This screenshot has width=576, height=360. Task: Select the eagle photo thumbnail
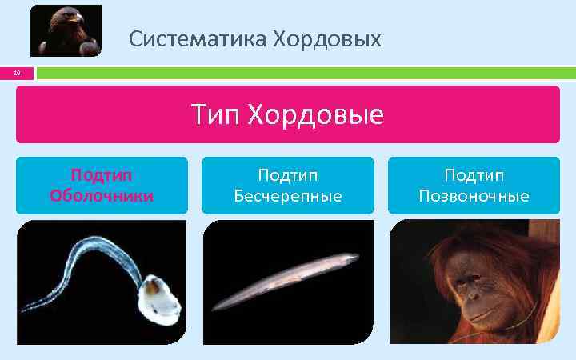66,30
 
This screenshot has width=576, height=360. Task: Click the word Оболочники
102,195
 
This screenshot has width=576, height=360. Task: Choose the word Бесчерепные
287,195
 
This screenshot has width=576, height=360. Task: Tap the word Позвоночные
474,195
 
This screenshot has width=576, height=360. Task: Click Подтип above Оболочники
102,175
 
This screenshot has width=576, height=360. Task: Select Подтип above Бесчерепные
287,175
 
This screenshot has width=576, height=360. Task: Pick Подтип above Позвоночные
474,175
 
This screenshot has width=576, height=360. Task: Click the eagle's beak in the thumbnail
56,19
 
